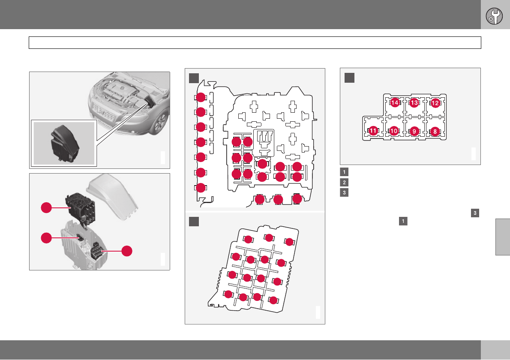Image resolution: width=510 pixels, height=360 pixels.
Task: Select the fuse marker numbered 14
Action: [x=395, y=103]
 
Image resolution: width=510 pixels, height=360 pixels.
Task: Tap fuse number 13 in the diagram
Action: [x=414, y=103]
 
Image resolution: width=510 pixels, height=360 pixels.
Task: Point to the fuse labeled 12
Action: [x=435, y=103]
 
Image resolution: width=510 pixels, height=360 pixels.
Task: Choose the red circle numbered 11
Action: [x=373, y=131]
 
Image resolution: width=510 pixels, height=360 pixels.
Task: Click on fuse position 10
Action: [x=394, y=131]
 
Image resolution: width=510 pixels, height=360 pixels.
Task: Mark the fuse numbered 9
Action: [x=414, y=132]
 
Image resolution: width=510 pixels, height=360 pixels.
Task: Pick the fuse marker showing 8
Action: [x=435, y=132]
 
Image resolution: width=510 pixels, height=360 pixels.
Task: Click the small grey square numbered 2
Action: [x=344, y=182]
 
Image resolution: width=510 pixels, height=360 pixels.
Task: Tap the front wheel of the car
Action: [x=161, y=122]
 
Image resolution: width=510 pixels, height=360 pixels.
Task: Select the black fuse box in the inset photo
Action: [x=65, y=144]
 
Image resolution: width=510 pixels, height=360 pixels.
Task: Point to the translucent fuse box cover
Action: [x=112, y=197]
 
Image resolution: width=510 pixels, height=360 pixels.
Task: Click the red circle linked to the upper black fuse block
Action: [x=46, y=207]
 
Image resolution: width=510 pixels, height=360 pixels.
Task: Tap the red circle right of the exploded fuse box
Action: [x=127, y=251]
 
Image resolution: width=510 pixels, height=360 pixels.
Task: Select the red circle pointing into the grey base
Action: [x=46, y=238]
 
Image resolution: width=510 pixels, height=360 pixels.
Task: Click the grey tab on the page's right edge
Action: [x=503, y=237]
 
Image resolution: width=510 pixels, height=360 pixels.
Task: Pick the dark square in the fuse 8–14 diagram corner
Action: [x=349, y=78]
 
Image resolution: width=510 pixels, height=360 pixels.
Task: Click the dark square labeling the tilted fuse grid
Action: [x=194, y=222]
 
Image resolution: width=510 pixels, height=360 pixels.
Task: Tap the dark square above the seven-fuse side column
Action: [x=194, y=78]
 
